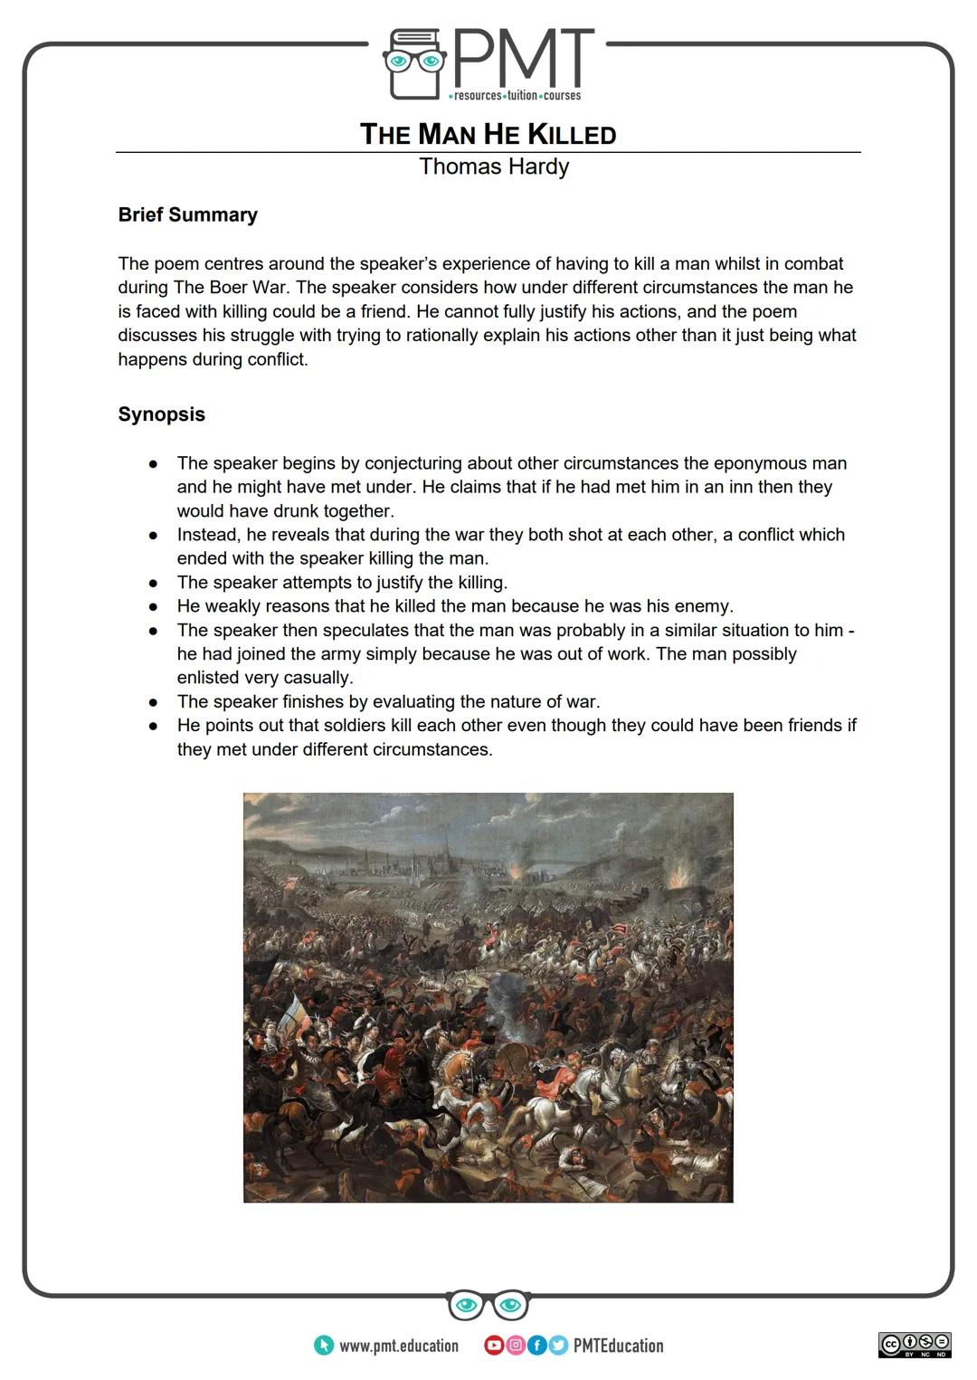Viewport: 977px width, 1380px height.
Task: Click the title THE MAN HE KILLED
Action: [x=488, y=134]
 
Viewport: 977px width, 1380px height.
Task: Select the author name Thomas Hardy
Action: [x=494, y=167]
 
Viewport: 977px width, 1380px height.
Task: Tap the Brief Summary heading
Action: [x=187, y=214]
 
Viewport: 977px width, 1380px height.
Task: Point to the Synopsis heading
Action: [x=161, y=414]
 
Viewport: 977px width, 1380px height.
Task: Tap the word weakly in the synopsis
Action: [x=237, y=606]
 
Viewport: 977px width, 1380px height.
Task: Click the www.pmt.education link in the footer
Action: [x=398, y=1346]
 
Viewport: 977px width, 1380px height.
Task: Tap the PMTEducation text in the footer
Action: [x=618, y=1346]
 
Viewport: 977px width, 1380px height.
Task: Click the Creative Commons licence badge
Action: [x=914, y=1345]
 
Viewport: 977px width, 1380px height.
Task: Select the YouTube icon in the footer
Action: [x=494, y=1346]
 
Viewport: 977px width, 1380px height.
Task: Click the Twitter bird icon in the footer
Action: [x=558, y=1346]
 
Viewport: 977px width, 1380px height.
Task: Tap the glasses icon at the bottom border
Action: [x=488, y=1305]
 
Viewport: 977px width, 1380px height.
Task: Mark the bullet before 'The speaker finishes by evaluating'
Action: [x=154, y=702]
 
